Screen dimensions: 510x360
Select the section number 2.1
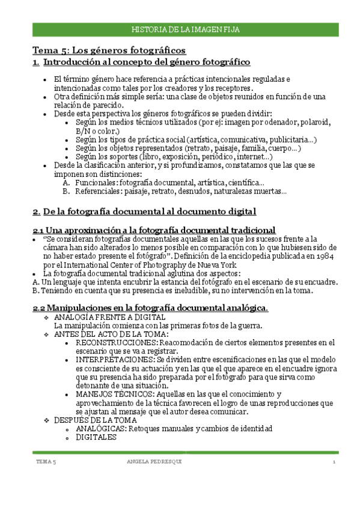(38, 230)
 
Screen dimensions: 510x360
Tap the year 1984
(325, 256)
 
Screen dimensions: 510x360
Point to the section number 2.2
(38, 308)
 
